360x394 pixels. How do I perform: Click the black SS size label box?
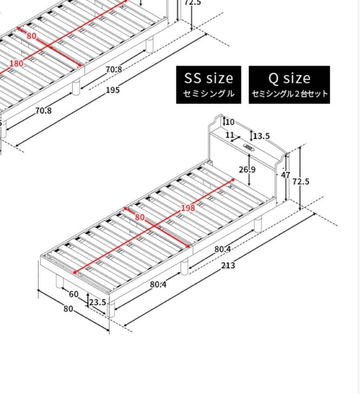click(x=208, y=85)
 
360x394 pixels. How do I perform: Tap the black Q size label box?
click(x=289, y=85)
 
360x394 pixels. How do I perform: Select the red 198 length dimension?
click(x=188, y=208)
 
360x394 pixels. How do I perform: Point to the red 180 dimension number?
click(x=16, y=63)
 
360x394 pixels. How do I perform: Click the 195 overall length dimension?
click(x=112, y=90)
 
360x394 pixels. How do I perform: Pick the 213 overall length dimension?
click(x=228, y=265)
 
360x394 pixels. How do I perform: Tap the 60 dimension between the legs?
click(x=73, y=294)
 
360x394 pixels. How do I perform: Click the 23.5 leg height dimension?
click(x=97, y=302)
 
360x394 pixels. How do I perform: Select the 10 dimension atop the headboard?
click(x=230, y=122)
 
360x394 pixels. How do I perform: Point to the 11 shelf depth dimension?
click(x=230, y=135)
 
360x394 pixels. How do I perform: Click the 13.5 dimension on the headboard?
click(x=261, y=136)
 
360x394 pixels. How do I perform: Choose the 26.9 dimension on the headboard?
click(x=247, y=170)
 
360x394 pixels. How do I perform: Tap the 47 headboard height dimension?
click(x=286, y=175)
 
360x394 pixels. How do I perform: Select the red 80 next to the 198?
click(x=140, y=217)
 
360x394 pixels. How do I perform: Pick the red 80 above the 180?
click(x=31, y=36)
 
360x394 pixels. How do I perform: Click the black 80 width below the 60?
click(x=68, y=309)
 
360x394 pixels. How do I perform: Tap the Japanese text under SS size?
click(x=208, y=94)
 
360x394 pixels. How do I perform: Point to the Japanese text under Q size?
click(x=290, y=94)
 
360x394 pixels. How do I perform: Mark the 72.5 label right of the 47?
click(x=301, y=181)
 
